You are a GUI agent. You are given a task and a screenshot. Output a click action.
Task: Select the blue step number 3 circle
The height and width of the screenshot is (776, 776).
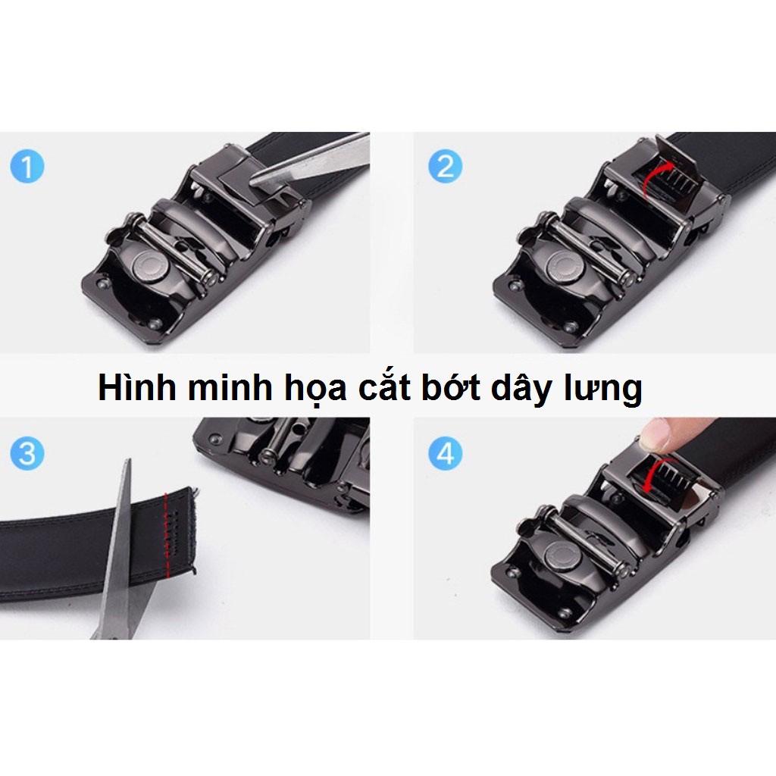27,454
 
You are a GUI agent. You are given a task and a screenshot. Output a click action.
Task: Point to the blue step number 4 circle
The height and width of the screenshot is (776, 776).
445,454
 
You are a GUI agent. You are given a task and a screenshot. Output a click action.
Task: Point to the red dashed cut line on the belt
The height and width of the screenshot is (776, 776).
164,523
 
